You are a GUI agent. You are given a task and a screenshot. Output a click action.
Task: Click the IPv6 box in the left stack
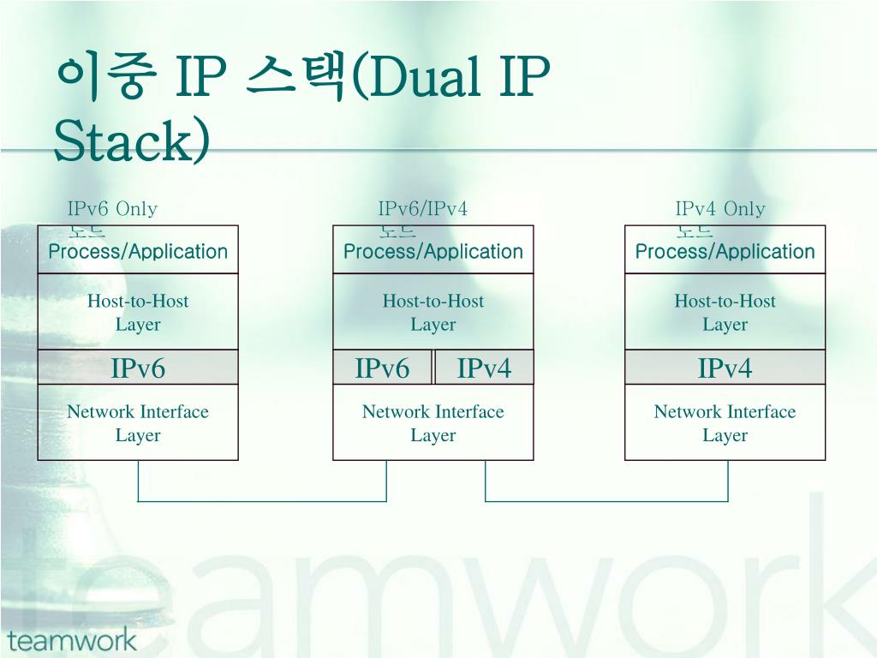tap(138, 368)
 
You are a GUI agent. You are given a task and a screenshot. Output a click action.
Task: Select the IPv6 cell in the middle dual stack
tap(383, 368)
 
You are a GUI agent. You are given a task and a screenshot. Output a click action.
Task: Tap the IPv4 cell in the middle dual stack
tap(484, 368)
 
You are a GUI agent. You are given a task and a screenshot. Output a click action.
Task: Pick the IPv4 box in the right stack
tap(725, 368)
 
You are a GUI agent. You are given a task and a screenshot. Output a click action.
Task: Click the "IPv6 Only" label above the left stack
tap(112, 209)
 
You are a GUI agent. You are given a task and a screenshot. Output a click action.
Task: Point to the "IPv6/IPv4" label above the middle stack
tap(423, 209)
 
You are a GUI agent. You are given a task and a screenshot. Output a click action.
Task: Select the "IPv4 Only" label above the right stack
tap(720, 209)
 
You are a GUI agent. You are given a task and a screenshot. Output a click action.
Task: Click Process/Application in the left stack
tap(138, 252)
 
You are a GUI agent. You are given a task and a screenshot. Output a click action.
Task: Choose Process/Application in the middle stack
tap(433, 252)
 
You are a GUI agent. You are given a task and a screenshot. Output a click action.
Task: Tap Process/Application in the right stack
tap(725, 252)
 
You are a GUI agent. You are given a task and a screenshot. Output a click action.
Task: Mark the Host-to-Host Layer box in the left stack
tap(138, 312)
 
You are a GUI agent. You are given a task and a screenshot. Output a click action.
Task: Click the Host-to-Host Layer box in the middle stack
tap(433, 312)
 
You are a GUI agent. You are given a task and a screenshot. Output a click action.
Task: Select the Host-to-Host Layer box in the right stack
tap(725, 312)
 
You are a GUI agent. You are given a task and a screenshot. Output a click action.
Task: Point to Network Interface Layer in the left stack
tap(138, 422)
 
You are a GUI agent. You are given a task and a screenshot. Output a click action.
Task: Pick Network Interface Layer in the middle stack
tap(433, 422)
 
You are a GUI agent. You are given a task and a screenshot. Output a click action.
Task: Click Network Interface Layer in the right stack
tap(725, 422)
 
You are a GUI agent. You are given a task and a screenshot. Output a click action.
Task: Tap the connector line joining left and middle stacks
tap(262, 500)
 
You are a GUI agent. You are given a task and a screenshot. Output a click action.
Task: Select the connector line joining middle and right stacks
tap(606, 500)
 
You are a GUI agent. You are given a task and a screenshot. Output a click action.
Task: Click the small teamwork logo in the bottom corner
tap(72, 639)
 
